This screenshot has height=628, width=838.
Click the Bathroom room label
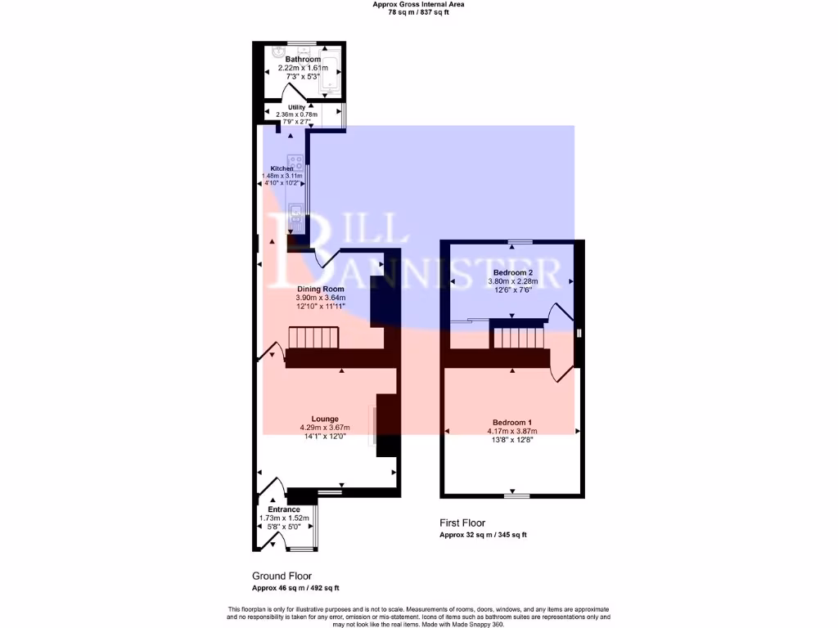[x=303, y=60]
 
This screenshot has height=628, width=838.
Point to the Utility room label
[x=296, y=107]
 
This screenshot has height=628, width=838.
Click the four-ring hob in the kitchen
[x=295, y=163]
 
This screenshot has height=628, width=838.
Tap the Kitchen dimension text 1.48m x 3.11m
[x=282, y=176]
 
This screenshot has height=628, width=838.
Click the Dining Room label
[x=320, y=289]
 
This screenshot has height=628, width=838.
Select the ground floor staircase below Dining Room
[x=313, y=337]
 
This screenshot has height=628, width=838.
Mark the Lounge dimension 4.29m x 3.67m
[x=325, y=428]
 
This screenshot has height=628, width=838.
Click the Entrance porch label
[x=284, y=509]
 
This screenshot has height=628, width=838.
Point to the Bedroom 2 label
[x=513, y=272]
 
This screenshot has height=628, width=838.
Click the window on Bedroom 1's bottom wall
[x=516, y=496]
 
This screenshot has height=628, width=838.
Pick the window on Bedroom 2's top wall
[x=519, y=242]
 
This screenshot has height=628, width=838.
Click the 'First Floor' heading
[x=462, y=523]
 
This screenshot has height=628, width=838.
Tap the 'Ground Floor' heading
[x=282, y=576]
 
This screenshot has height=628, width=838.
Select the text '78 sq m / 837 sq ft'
[x=418, y=12]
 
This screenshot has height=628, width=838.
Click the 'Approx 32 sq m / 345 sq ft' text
[x=483, y=535]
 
